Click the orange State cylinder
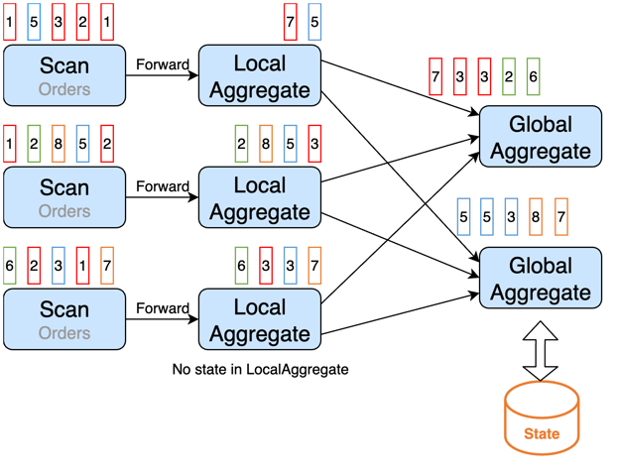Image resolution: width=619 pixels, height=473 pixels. point(542,418)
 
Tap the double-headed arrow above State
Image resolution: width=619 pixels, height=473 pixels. point(540,351)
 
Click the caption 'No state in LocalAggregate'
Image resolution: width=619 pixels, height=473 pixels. point(260,369)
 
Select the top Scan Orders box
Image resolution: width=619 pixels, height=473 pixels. point(64,75)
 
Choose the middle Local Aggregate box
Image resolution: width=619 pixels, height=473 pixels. point(260,197)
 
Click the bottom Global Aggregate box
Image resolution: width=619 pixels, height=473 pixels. point(541,278)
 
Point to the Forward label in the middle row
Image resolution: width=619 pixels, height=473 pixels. point(163,186)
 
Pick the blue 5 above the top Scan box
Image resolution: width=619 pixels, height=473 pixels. point(34,22)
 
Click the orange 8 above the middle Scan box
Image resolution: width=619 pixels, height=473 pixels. point(59,144)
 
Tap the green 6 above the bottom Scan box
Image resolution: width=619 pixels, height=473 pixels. point(10,266)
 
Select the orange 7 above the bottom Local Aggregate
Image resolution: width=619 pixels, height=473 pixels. point(314,266)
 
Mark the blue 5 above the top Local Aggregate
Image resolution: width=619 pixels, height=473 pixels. point(314,22)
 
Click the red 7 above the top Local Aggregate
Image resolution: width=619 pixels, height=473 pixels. point(290,22)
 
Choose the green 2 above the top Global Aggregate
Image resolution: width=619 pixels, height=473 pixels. point(509,76)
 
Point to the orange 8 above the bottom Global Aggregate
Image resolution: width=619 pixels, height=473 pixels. point(536,216)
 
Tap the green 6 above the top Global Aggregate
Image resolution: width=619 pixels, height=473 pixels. point(534,76)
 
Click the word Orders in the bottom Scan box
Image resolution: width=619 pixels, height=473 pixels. point(64,333)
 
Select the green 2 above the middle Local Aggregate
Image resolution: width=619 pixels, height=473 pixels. point(242,144)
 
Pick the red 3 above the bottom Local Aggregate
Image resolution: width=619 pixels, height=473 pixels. point(266,266)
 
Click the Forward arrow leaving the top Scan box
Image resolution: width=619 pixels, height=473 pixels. point(163,75)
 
